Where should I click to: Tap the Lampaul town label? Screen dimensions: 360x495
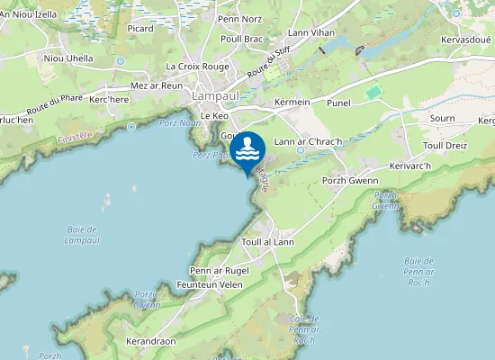tap(212, 95)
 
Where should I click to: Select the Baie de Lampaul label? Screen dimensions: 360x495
tap(82, 235)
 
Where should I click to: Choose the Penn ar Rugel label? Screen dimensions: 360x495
tap(219, 270)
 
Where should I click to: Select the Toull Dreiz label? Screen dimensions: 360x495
tap(445, 145)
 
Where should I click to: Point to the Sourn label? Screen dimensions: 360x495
tap(442, 118)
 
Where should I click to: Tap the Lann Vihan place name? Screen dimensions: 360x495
tap(310, 32)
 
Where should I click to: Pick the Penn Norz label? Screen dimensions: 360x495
tap(239, 19)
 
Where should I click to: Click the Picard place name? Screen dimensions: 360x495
tap(140, 28)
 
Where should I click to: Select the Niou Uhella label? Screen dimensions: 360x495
tap(67, 58)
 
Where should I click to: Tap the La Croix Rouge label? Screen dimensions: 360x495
tap(196, 67)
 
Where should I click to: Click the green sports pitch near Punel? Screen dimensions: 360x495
tap(373, 92)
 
